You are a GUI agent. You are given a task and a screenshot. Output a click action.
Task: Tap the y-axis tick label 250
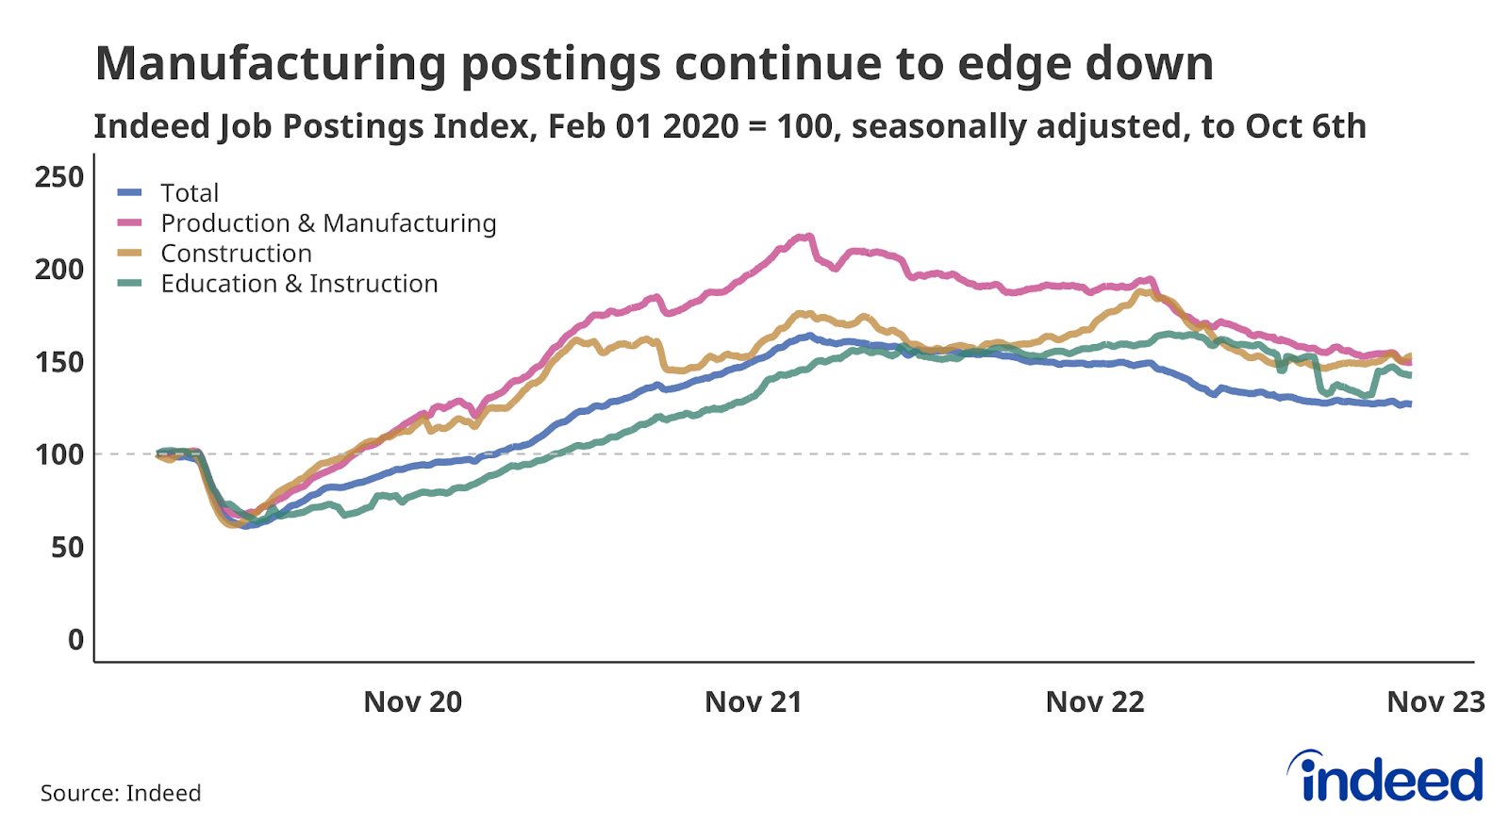(x=58, y=176)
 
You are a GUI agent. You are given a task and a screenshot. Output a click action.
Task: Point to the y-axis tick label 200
(x=58, y=270)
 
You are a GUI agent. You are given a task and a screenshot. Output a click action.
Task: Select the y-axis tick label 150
(x=58, y=362)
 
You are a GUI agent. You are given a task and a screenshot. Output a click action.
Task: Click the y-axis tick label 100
(x=58, y=454)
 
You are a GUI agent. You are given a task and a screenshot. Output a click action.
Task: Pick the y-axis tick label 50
(x=67, y=547)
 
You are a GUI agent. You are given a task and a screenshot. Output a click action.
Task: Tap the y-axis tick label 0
(x=75, y=639)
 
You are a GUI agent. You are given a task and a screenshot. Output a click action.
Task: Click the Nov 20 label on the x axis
(x=412, y=702)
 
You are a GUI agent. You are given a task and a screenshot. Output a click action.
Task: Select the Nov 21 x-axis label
(x=753, y=702)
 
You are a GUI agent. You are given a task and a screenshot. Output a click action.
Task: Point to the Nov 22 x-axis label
(x=1094, y=702)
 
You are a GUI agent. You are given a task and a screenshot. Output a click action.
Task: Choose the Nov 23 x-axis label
(x=1434, y=702)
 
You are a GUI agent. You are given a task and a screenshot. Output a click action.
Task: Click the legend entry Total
(x=190, y=193)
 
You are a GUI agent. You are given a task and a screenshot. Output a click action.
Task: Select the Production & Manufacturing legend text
(x=328, y=223)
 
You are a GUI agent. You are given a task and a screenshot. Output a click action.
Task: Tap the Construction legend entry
(x=236, y=254)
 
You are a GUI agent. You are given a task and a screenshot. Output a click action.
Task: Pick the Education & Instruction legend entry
(x=299, y=284)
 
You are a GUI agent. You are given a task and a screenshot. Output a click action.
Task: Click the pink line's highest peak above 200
(x=807, y=237)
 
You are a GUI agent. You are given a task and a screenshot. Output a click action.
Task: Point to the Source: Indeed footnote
(x=121, y=793)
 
